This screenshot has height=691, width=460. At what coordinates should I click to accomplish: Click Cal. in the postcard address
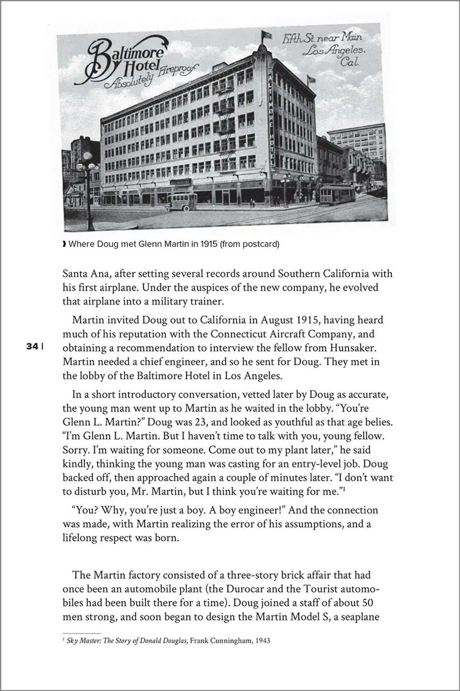(x=350, y=63)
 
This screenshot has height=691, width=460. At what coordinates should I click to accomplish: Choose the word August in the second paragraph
(x=279, y=320)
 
